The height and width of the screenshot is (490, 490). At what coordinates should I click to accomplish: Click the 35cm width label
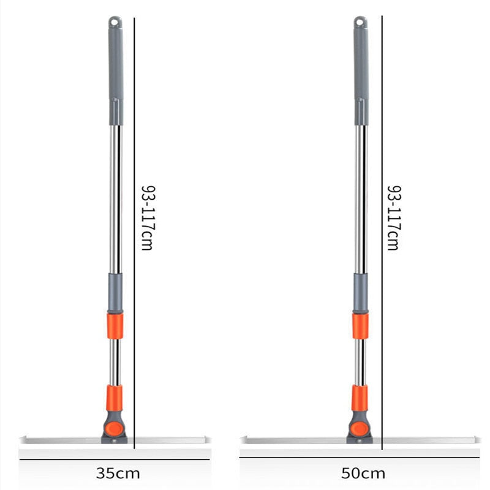pyautogui.click(x=118, y=473)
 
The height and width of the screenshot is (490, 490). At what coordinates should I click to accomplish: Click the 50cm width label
pyautogui.click(x=364, y=473)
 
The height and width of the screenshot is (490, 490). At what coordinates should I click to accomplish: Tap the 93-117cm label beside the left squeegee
pyautogui.click(x=148, y=217)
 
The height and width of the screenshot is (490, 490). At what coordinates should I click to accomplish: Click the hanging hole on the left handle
pyautogui.click(x=115, y=23)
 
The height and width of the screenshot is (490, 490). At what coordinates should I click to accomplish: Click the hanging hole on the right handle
pyautogui.click(x=360, y=23)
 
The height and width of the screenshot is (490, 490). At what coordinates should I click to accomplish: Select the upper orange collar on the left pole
pyautogui.click(x=115, y=325)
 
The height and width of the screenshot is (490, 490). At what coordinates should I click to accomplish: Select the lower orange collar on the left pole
pyautogui.click(x=115, y=398)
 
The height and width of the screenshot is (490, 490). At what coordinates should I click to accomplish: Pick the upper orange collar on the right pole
pyautogui.click(x=360, y=325)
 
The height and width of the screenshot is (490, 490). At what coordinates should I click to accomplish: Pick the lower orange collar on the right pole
pyautogui.click(x=360, y=398)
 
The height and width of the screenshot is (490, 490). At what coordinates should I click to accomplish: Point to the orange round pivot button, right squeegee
pyautogui.click(x=360, y=427)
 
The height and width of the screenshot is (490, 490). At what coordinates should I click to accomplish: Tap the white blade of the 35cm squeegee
pyautogui.click(x=61, y=440)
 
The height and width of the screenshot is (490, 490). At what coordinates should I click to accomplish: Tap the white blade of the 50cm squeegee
pyautogui.click(x=294, y=440)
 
